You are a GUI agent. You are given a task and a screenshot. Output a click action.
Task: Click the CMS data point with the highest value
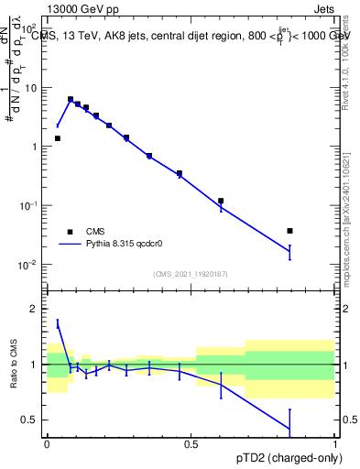point(71,99)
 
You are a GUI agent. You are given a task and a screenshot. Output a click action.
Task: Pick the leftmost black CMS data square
point(58,138)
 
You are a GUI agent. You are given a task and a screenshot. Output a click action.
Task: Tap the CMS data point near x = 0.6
point(221,201)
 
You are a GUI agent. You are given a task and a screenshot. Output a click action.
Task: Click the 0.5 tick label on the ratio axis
point(32,420)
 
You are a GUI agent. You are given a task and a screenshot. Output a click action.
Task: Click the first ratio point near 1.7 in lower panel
point(58,323)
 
